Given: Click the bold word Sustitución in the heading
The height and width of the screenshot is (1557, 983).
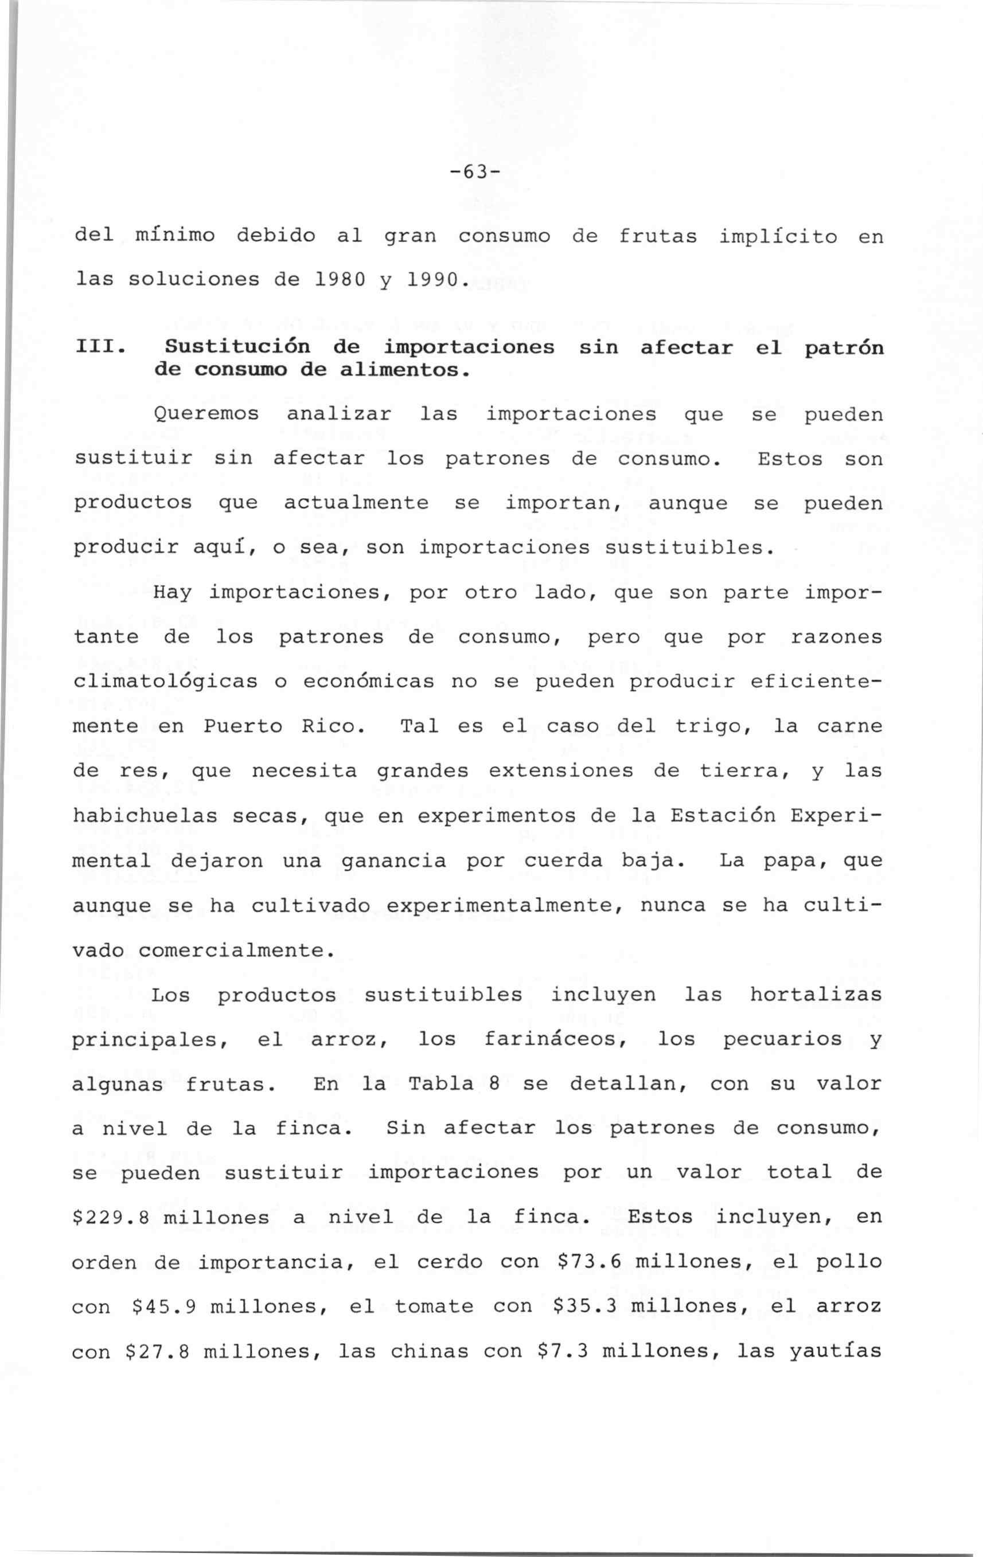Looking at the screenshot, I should coord(237,347).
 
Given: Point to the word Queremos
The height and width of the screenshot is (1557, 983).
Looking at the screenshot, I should coord(206,414).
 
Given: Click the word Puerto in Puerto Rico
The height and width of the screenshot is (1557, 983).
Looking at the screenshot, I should coord(243,726).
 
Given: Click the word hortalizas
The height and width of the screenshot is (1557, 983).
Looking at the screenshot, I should coord(816,995).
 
